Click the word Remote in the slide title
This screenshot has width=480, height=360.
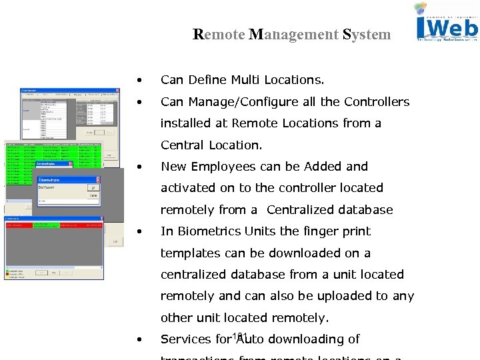pyautogui.click(x=218, y=34)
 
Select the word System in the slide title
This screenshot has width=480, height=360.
pyautogui.click(x=367, y=34)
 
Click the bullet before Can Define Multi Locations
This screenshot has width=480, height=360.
pyautogui.click(x=139, y=81)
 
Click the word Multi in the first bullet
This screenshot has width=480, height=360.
pyautogui.click(x=246, y=80)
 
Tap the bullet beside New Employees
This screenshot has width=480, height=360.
pyautogui.click(x=139, y=167)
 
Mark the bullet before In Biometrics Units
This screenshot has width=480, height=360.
pyautogui.click(x=139, y=232)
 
